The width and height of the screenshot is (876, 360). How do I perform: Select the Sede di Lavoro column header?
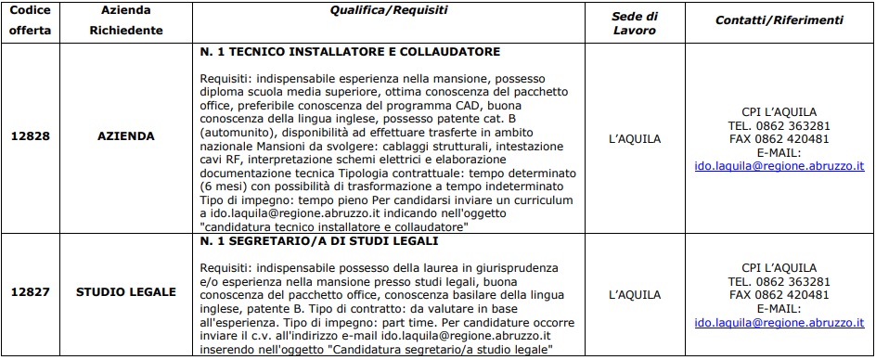tap(636, 21)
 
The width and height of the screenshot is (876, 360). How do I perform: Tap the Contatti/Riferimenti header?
tap(779, 19)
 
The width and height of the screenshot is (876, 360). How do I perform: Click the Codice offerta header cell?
tap(32, 21)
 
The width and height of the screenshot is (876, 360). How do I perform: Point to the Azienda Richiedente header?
tap(125, 21)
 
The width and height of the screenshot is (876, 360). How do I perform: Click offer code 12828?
tap(32, 136)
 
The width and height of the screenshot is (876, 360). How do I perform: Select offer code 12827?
tap(32, 292)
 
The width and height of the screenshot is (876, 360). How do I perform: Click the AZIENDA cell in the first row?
tap(125, 136)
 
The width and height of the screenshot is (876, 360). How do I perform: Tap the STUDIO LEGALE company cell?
tap(125, 292)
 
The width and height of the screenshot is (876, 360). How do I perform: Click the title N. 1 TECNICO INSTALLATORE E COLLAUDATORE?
tap(350, 52)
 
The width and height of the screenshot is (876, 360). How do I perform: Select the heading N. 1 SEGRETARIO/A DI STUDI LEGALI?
tap(319, 242)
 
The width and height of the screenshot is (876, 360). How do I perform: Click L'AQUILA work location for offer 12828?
tap(636, 138)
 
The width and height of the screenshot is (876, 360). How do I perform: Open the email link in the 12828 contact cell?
tap(779, 165)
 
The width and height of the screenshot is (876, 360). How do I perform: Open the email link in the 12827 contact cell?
tap(779, 321)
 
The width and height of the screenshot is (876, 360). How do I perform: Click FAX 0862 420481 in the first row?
tap(779, 138)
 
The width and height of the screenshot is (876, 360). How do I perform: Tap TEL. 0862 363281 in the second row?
tap(779, 280)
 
